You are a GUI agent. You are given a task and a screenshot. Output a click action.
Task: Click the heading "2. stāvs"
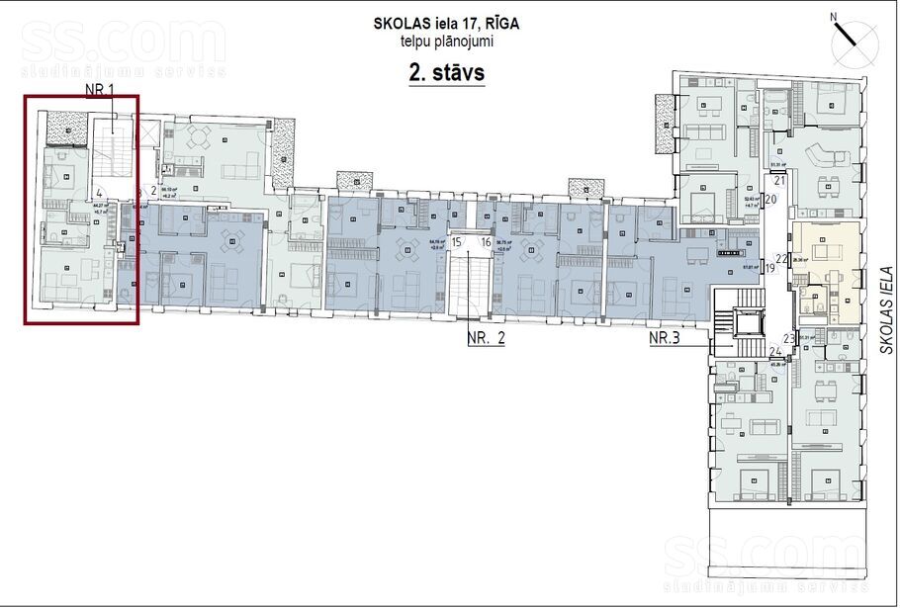[x=446, y=73]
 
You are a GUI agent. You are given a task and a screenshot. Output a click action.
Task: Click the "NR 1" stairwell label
[x=101, y=89]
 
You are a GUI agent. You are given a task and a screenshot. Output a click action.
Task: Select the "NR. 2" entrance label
[x=486, y=339]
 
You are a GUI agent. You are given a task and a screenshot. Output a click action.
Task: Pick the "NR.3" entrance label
[x=671, y=339]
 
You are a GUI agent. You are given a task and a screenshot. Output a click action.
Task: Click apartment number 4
[x=100, y=193]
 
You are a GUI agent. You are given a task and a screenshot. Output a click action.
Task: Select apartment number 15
[x=457, y=242]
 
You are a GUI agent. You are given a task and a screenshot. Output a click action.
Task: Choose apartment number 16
[x=486, y=242]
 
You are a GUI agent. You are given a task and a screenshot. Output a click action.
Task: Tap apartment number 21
[x=778, y=181]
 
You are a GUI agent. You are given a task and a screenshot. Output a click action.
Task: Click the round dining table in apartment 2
[x=200, y=137]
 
